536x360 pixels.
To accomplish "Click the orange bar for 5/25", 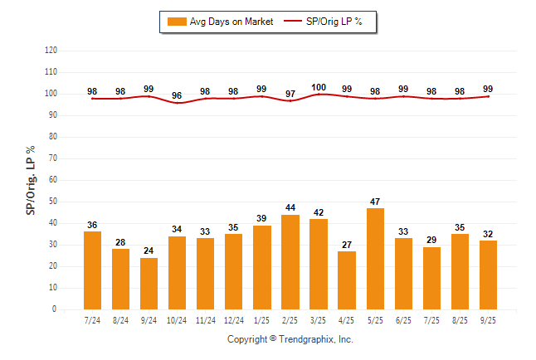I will point(375,258).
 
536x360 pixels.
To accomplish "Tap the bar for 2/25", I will point(290,261).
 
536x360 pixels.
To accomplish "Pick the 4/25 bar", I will point(347,280).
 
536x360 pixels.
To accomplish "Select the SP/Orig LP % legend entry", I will point(326,22).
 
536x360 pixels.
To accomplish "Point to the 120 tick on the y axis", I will point(51,51).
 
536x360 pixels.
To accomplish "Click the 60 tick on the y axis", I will point(52,180).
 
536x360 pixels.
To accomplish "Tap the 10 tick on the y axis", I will point(52,288).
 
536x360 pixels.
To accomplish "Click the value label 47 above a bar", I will point(375,202).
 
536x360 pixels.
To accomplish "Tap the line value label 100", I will point(319,87).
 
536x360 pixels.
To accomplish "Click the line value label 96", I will point(178,95).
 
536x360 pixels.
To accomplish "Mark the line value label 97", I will point(290,94).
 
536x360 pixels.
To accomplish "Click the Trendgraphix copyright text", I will point(290,339).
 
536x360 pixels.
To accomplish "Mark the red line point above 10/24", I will point(178,103).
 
